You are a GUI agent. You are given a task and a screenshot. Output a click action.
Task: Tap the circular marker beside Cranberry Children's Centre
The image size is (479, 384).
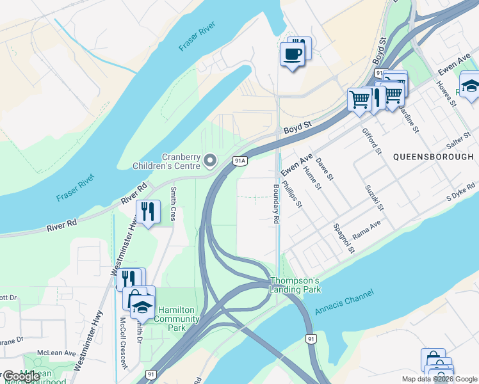coord(210,159)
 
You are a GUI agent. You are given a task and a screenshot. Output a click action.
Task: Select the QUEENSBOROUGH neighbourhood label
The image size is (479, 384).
coord(433,157)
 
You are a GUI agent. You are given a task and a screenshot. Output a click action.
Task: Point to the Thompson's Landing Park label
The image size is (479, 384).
coord(295,285)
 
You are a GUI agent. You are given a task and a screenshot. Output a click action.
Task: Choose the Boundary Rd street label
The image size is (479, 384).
coord(277,204)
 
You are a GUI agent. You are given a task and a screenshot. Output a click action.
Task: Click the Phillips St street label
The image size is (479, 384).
coord(291,193)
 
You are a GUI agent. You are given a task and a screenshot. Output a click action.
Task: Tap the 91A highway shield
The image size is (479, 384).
coord(240,161)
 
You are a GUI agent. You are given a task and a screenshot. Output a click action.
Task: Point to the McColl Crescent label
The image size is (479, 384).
coord(123,343)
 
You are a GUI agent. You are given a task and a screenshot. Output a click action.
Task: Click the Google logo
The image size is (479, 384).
coord(20,376)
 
